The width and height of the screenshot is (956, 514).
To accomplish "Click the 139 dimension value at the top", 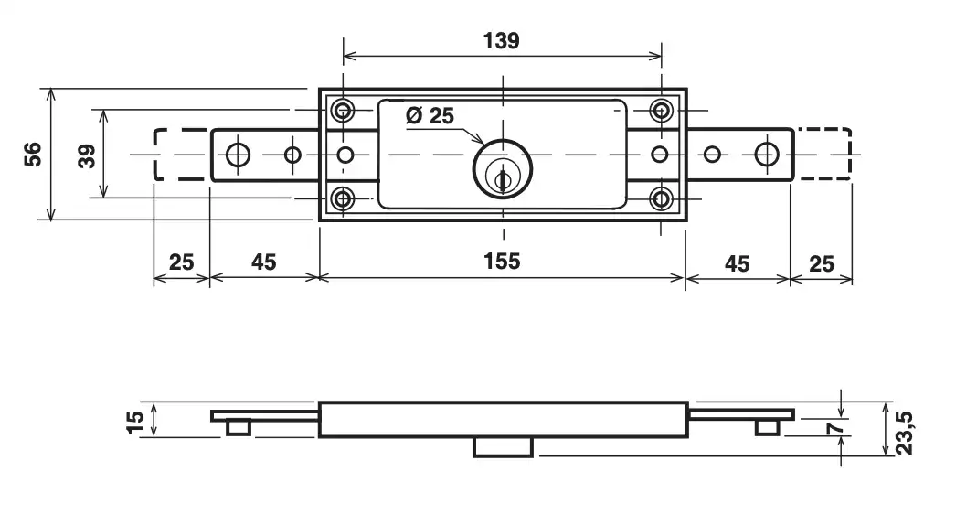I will click(501, 41).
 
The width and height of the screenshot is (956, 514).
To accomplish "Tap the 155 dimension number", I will click(502, 262).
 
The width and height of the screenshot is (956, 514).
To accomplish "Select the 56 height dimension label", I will click(33, 154).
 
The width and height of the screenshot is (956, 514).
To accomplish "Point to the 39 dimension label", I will click(87, 154).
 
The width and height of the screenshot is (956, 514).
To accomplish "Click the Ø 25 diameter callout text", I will click(429, 116).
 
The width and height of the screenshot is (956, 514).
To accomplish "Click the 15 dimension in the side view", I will click(135, 421).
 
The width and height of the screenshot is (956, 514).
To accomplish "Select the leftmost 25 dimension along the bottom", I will click(181, 262).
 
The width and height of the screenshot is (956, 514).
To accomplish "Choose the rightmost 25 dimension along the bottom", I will click(822, 263).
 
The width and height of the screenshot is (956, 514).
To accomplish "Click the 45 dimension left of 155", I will click(263, 262).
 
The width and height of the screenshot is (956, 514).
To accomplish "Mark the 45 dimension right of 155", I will click(737, 263).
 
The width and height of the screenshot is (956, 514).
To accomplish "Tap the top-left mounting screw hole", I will click(344, 112).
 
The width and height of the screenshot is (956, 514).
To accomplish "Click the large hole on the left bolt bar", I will click(238, 155).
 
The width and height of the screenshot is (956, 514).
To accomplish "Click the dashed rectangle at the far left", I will click(179, 155).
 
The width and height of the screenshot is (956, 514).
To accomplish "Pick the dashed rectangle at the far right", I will click(823, 155).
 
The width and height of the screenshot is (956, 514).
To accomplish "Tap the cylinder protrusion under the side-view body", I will click(503, 446).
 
